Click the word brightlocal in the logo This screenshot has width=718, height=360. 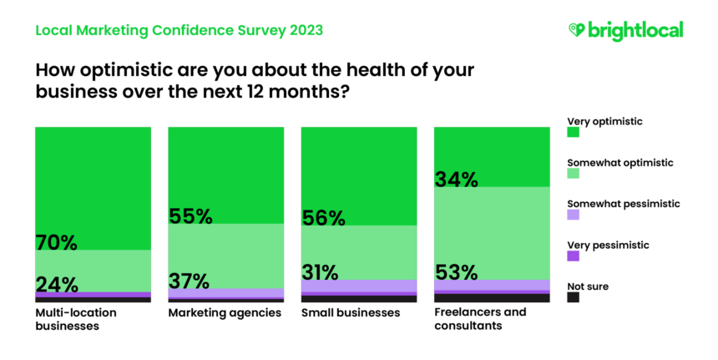636,30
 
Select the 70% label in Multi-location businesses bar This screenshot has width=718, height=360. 57,242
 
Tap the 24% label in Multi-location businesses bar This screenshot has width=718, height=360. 57,285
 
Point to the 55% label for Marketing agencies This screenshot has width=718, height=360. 190,216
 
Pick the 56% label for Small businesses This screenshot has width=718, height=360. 322,218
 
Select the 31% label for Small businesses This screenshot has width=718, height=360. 321,272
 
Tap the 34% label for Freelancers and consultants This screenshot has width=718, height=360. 456,179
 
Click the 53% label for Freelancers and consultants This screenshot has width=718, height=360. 456,272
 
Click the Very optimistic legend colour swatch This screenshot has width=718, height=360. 574,132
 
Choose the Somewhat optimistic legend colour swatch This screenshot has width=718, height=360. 574,173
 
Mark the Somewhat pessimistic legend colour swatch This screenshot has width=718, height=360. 574,214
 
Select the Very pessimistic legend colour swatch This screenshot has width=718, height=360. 574,256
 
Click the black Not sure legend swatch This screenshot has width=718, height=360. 574,297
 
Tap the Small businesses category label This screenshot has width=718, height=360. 351,313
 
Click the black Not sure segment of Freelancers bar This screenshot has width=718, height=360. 492,297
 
